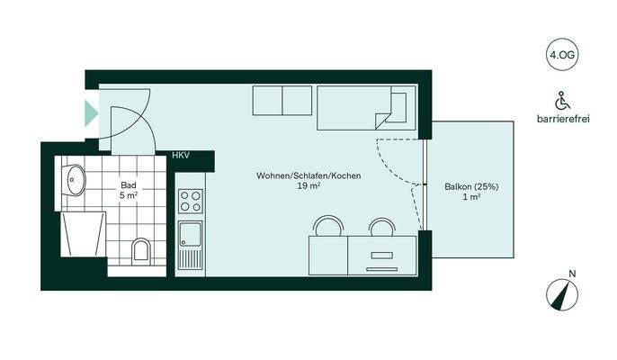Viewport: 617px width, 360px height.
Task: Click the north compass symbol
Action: click(563, 294)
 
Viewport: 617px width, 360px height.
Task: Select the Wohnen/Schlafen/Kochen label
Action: click(308, 175)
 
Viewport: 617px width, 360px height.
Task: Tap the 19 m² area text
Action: click(308, 187)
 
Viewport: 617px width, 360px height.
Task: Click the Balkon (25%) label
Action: click(472, 187)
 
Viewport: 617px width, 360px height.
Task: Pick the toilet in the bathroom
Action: click(141, 249)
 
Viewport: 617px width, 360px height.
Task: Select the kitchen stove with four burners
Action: click(191, 201)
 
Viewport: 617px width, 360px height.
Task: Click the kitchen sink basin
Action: click(191, 236)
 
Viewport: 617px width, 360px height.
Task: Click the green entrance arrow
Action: click(91, 113)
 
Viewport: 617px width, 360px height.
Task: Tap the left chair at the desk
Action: click(328, 225)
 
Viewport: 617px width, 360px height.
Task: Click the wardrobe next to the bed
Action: click(282, 101)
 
